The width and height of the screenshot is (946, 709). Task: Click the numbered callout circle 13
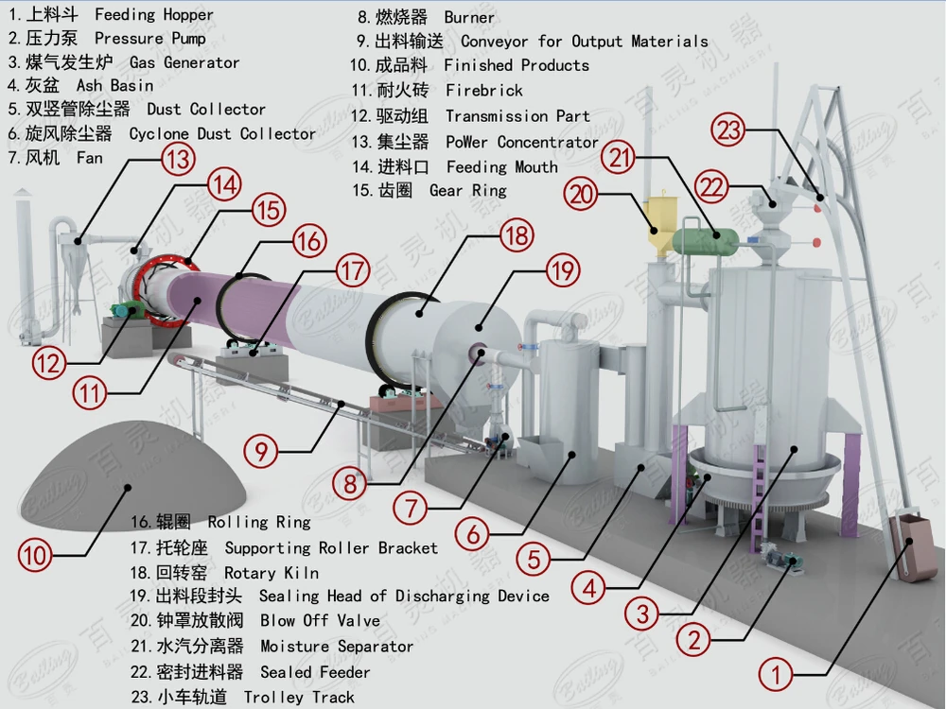click(177, 159)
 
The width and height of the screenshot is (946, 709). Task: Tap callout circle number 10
click(37, 554)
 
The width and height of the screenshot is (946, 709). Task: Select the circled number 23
click(729, 130)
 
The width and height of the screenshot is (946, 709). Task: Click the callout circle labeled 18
click(516, 234)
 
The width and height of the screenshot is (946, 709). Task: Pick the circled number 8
click(351, 484)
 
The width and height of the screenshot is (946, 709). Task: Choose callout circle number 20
click(582, 194)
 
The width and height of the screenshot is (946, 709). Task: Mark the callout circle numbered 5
click(536, 559)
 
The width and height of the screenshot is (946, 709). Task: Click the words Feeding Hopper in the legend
click(154, 15)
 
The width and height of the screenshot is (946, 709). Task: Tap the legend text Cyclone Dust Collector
click(222, 134)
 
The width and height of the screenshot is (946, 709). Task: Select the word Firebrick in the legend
click(483, 91)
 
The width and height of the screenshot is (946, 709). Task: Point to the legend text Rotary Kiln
click(271, 573)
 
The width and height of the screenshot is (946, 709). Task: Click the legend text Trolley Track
click(299, 698)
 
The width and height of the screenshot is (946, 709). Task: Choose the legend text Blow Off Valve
click(320, 621)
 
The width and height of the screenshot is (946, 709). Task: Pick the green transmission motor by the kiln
click(126, 310)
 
